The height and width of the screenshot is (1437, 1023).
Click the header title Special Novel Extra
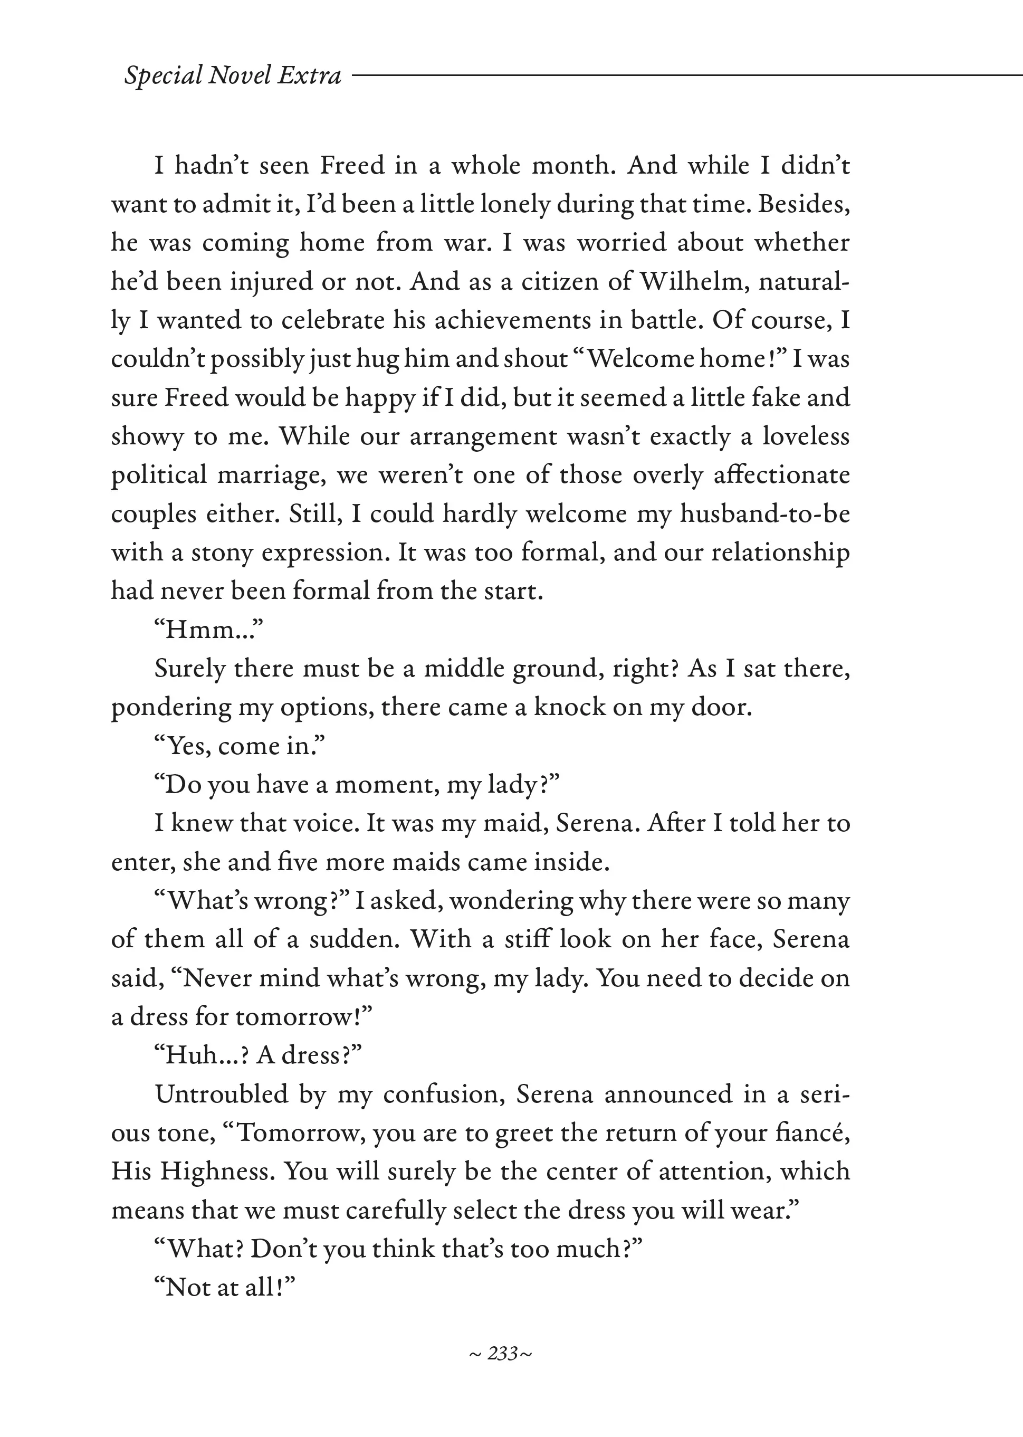point(233,75)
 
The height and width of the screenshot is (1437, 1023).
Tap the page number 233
point(502,1353)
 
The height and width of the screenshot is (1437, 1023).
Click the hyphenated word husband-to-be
point(764,513)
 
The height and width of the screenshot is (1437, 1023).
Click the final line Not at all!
point(224,1287)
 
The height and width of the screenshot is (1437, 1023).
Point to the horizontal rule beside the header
point(686,75)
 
